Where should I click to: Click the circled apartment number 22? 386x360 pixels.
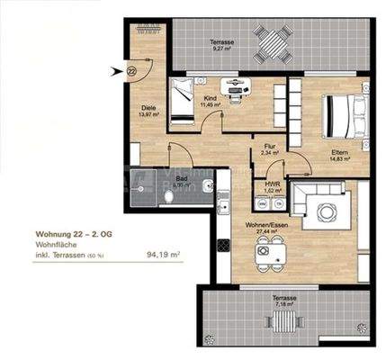click(132, 71)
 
